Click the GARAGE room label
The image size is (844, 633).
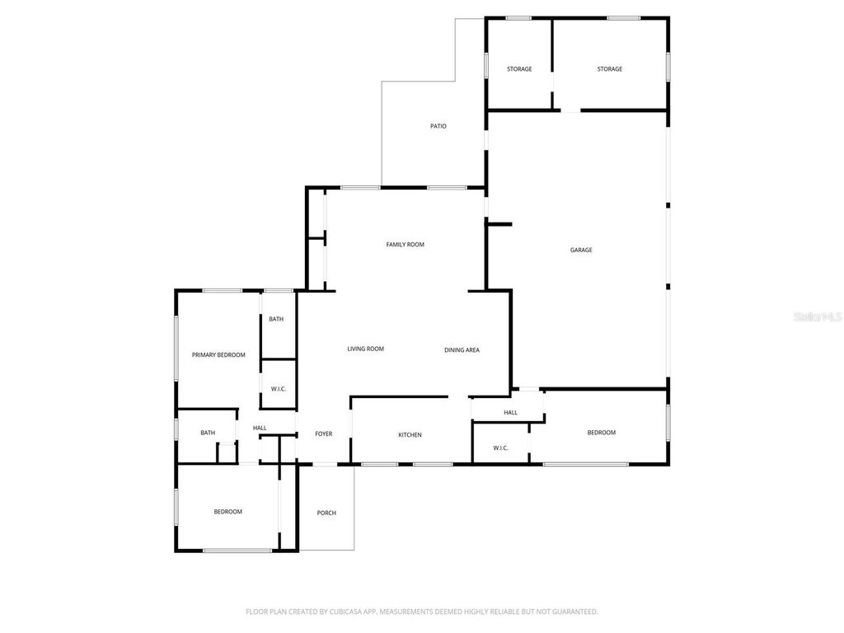coord(581,250)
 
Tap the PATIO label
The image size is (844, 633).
coord(438,126)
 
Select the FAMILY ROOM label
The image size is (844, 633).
coord(406,244)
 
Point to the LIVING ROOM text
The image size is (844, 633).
coord(366,349)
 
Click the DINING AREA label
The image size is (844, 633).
coord(462,350)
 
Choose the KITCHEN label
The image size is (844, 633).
coord(410,435)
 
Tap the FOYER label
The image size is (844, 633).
coord(324,434)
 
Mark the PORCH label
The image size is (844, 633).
coord(326,513)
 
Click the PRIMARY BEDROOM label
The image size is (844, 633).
coord(218,355)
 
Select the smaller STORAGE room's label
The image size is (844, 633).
coord(519,69)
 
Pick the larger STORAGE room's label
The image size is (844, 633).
coord(610,69)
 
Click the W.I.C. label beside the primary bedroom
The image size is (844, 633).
coord(279,389)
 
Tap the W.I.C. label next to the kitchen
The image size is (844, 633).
coord(501,448)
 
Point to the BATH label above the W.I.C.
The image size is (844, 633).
coord(276,319)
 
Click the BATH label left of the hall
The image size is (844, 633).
coord(208,433)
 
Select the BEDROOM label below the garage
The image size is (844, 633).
coord(601,433)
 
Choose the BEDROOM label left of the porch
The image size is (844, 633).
coord(228,512)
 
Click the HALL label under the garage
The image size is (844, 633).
coord(511,412)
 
